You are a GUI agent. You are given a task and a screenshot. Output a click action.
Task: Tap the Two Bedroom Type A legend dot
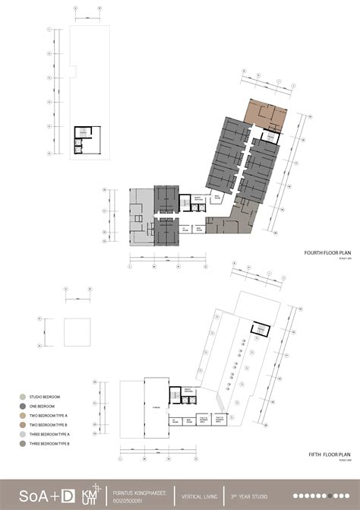click(23, 416)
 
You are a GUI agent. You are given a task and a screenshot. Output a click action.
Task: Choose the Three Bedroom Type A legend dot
click(23, 434)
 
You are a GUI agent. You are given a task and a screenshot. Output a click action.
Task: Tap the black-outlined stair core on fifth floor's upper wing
click(260, 328)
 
